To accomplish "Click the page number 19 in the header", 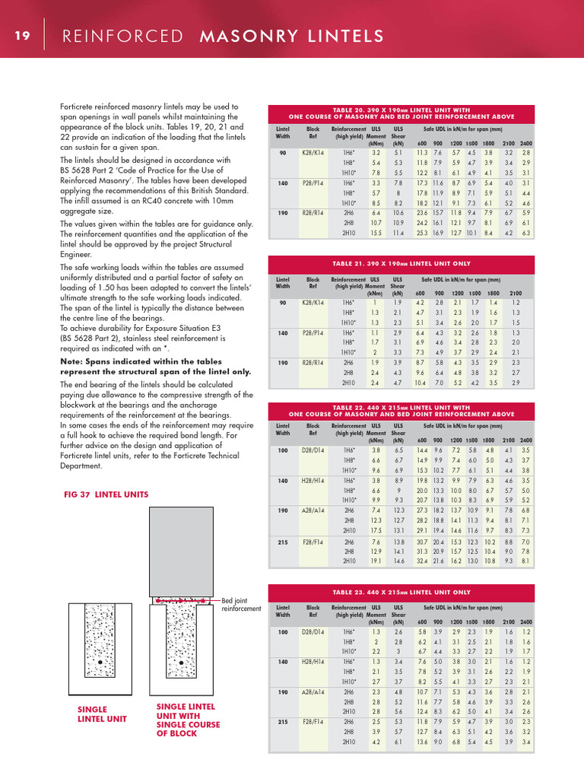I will [21, 37].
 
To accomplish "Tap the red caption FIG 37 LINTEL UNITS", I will [106, 494].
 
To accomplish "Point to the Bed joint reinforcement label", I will [241, 605].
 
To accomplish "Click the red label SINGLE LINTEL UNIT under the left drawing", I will [103, 714].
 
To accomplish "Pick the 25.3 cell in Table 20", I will [421, 234].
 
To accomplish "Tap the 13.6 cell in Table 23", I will [421, 742].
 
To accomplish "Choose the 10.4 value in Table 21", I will [421, 383].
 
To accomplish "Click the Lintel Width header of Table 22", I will [282, 431].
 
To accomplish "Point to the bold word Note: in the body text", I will [74, 361].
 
